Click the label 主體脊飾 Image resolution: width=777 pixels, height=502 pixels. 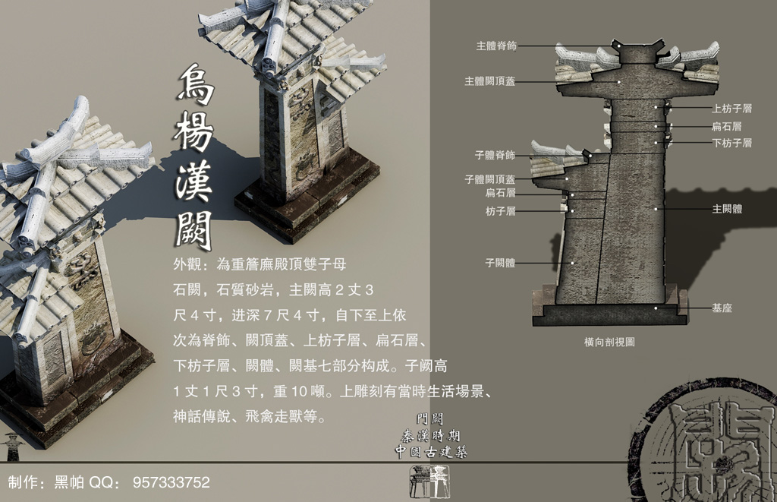(x=496, y=46)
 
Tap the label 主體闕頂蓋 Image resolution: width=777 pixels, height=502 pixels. (x=490, y=81)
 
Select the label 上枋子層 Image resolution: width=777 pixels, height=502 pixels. (x=731, y=109)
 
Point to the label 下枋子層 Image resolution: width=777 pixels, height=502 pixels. (x=731, y=143)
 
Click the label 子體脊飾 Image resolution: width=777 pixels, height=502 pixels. (x=495, y=155)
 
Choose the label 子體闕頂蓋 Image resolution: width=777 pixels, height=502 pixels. (x=489, y=180)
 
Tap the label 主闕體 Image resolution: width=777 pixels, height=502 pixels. (x=726, y=208)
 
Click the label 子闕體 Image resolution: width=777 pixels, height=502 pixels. (x=500, y=263)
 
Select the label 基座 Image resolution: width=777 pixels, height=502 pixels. (x=722, y=308)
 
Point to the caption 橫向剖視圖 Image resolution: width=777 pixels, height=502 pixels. (x=610, y=343)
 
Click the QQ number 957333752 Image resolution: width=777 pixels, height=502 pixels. (x=171, y=482)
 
